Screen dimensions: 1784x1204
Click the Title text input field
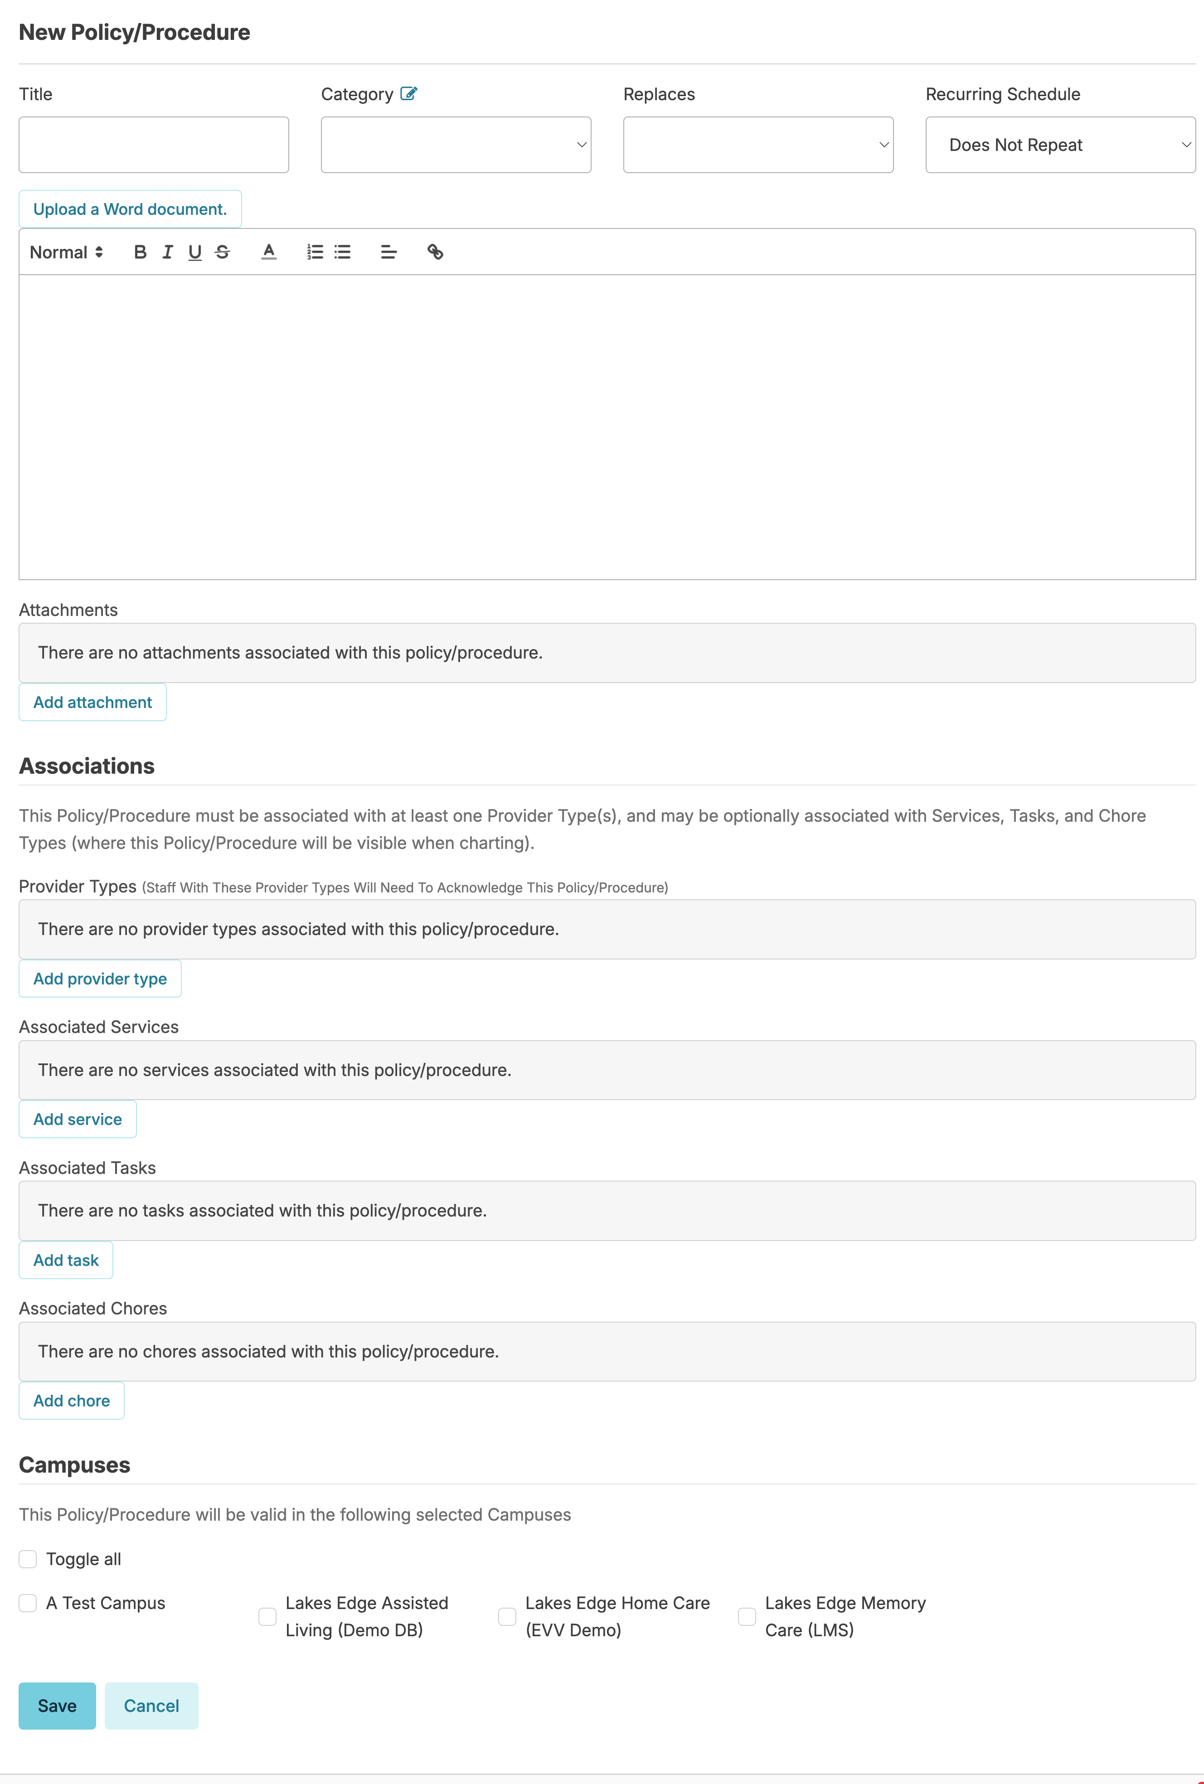click(x=154, y=145)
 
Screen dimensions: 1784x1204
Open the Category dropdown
click(x=455, y=145)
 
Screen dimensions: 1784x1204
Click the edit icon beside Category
click(x=408, y=94)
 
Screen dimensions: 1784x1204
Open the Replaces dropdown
click(x=758, y=145)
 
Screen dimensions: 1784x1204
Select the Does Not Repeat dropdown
click(x=1060, y=145)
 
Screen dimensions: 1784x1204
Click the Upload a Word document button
click(x=130, y=209)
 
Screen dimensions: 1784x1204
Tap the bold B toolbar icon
click(x=140, y=252)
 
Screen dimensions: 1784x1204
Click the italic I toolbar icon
click(x=167, y=252)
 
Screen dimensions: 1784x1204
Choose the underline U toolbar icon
click(x=195, y=252)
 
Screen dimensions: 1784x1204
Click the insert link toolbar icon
click(x=435, y=252)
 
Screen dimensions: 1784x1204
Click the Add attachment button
click(x=92, y=703)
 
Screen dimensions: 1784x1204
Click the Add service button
click(x=78, y=1119)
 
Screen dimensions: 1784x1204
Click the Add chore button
click(x=72, y=1401)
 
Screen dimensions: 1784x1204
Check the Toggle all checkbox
click(x=28, y=1559)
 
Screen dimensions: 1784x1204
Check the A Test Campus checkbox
click(x=28, y=1603)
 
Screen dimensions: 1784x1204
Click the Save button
click(x=57, y=1706)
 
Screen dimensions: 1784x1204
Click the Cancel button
click(x=151, y=1706)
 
